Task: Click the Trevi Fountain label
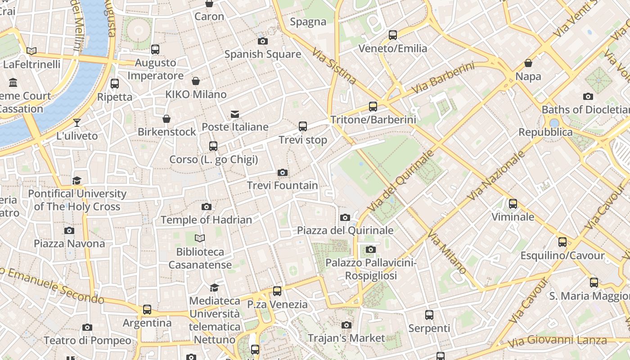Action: click(282, 185)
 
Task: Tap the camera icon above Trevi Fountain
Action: click(283, 173)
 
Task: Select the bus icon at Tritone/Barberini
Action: click(373, 107)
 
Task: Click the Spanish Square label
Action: click(262, 54)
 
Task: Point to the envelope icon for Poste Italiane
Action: click(235, 114)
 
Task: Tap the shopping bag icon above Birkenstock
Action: click(166, 119)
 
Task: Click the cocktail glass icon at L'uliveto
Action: click(77, 123)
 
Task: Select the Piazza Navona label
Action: click(69, 243)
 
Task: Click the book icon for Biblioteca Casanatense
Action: click(200, 238)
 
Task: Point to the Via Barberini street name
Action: click(443, 78)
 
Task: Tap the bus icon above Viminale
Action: click(513, 204)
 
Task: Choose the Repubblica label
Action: click(545, 132)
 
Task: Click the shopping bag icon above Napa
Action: click(528, 63)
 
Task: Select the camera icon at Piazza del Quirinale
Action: click(345, 218)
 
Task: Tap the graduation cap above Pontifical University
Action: click(77, 180)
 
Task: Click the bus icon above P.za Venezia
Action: click(277, 291)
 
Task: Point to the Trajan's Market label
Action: click(346, 338)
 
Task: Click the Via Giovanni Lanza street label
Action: click(557, 341)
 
